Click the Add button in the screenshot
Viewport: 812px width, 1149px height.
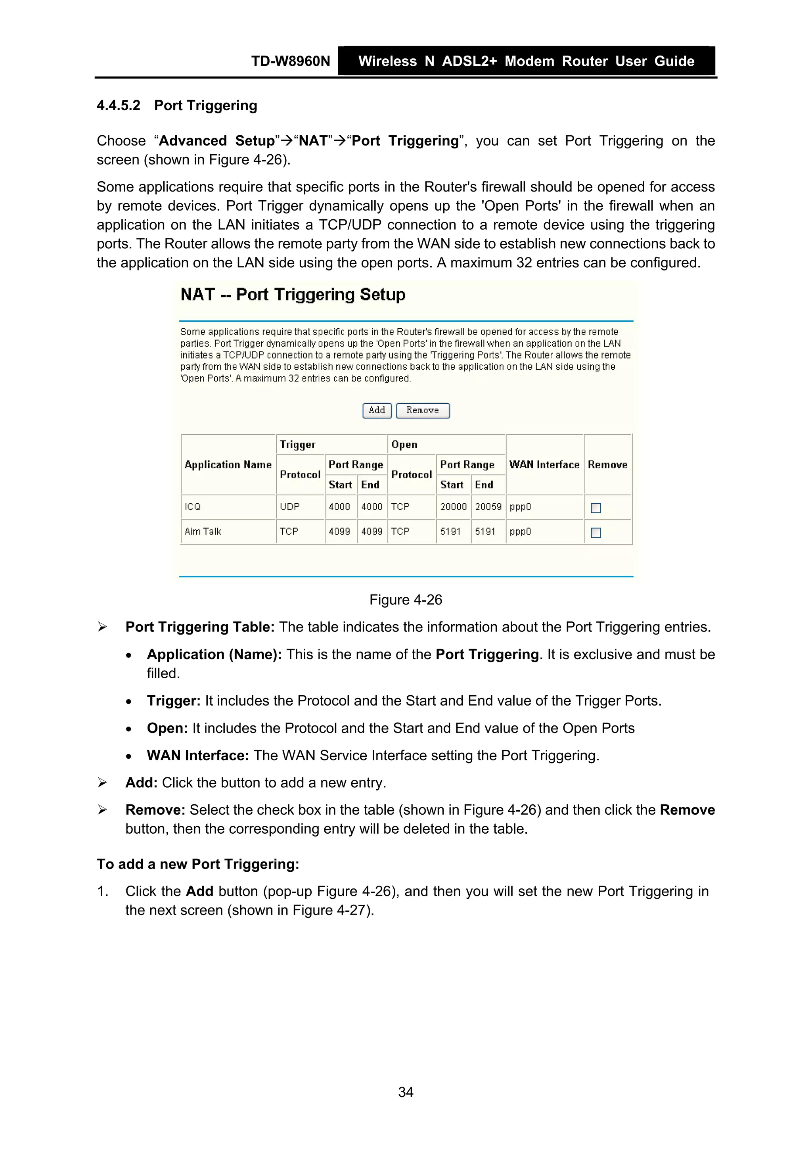tap(377, 410)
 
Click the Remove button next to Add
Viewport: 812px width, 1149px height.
tap(422, 410)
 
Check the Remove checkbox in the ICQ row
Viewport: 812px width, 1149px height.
tap(596, 508)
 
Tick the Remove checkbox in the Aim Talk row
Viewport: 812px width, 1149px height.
tap(596, 533)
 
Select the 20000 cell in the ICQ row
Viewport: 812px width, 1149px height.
tap(453, 507)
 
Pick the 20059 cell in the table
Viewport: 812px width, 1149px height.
tap(488, 507)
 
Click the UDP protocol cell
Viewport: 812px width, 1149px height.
tap(290, 507)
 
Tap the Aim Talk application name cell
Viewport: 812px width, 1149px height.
tap(203, 531)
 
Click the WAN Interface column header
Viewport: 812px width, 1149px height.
tap(544, 464)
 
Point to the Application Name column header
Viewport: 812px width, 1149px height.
tap(228, 464)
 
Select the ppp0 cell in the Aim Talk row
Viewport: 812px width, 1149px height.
tap(520, 531)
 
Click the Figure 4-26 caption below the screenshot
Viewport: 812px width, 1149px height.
tap(405, 600)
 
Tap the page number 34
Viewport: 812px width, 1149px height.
tap(405, 1092)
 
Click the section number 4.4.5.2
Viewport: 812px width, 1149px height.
tap(119, 106)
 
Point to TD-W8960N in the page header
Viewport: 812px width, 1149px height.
tap(290, 61)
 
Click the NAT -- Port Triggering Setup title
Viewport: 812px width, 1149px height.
tap(293, 294)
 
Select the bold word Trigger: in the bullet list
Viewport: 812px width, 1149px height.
tap(174, 700)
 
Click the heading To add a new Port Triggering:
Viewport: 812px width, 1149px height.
tap(197, 864)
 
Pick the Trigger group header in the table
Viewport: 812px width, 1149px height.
tap(298, 444)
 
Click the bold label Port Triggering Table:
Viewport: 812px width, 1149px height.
tap(199, 627)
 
